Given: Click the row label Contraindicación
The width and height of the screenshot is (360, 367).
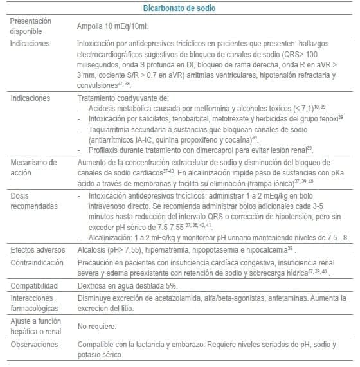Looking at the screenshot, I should point(36,262).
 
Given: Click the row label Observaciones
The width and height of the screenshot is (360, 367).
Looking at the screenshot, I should point(34,344).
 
